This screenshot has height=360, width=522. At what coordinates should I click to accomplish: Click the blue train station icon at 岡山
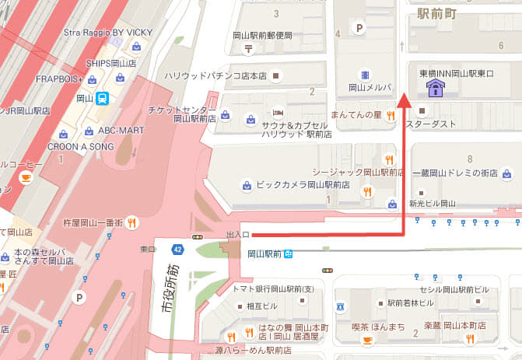pos(103,98)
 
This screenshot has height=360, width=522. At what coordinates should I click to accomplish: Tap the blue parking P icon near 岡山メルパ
pos(359,28)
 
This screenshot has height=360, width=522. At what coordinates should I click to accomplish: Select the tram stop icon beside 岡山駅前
pos(288,253)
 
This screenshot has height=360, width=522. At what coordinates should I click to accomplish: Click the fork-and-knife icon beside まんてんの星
pos(391,115)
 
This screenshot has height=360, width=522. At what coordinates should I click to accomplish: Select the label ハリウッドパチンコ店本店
pos(215,76)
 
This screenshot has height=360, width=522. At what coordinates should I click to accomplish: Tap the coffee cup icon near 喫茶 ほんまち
pos(366,341)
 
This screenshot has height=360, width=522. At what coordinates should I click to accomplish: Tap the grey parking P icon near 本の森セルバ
pos(79,297)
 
